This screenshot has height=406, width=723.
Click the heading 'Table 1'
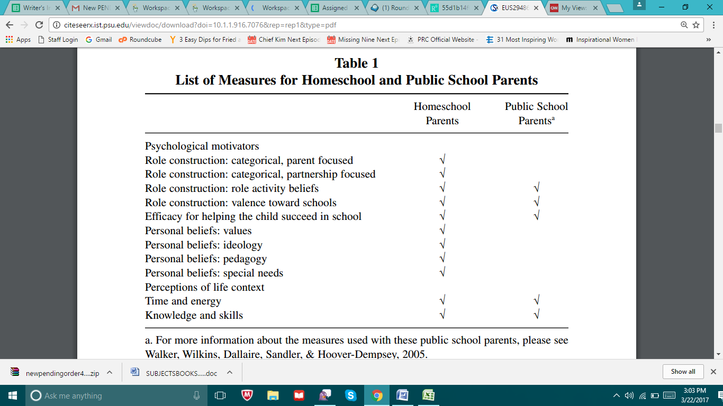[x=356, y=63]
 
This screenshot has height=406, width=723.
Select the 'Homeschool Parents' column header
[x=442, y=114]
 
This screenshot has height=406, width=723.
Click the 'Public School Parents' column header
[x=536, y=114]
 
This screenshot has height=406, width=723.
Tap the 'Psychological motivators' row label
[x=202, y=146]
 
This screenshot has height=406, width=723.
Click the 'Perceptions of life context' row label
[x=204, y=287]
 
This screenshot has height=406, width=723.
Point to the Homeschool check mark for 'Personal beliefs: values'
[x=442, y=230]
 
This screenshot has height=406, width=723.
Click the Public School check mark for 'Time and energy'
[x=536, y=301]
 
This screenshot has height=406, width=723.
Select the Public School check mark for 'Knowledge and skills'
[x=536, y=315]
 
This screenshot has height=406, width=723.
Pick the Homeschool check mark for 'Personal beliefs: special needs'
[x=442, y=273]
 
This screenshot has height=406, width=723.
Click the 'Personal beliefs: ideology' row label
[x=203, y=245]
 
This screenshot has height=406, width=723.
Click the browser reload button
[x=39, y=25]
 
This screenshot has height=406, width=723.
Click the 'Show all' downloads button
[x=683, y=372]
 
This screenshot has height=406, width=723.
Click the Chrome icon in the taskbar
[x=376, y=395]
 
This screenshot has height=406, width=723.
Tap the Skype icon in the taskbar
[x=350, y=395]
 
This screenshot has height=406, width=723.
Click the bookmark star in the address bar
[x=696, y=25]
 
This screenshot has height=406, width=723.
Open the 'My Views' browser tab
[x=573, y=8]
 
